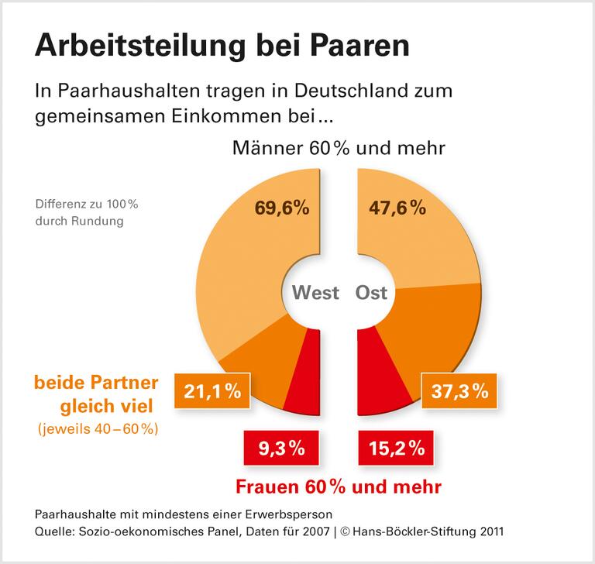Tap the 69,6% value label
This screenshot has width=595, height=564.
(x=282, y=208)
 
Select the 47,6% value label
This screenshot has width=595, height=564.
(x=396, y=208)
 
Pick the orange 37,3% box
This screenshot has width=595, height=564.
(x=459, y=392)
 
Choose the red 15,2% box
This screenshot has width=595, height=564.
(x=395, y=448)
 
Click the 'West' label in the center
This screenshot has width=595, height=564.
(x=315, y=293)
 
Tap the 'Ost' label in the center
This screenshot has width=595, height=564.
(x=371, y=293)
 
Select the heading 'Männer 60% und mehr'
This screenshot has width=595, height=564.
(x=339, y=147)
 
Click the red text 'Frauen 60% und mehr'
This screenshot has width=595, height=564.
(x=338, y=487)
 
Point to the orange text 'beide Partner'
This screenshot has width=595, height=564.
(x=95, y=383)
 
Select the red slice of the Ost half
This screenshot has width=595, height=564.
(x=380, y=372)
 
